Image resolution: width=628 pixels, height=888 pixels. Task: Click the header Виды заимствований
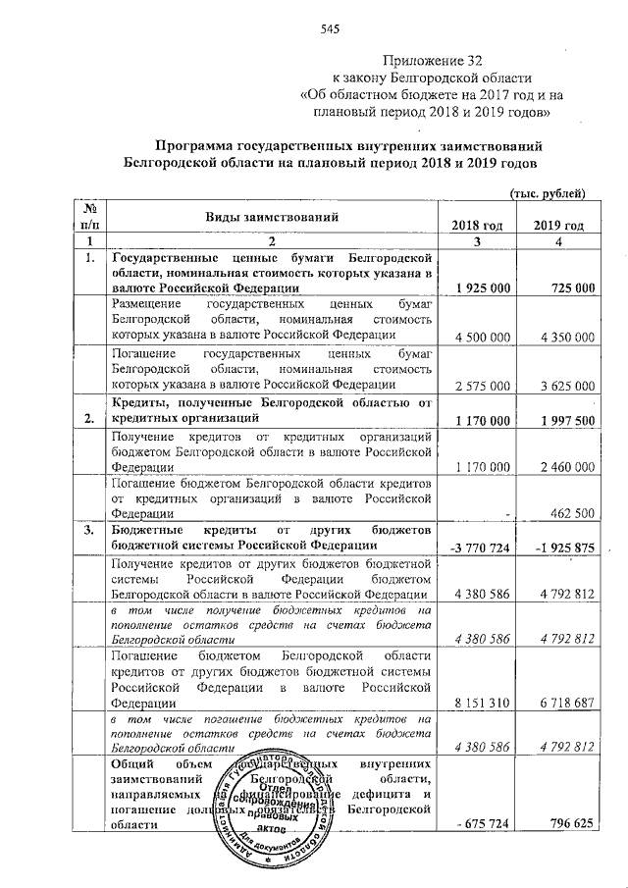point(271,216)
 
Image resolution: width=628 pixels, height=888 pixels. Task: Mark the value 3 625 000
point(566,385)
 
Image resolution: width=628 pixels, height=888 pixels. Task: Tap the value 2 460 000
point(566,469)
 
